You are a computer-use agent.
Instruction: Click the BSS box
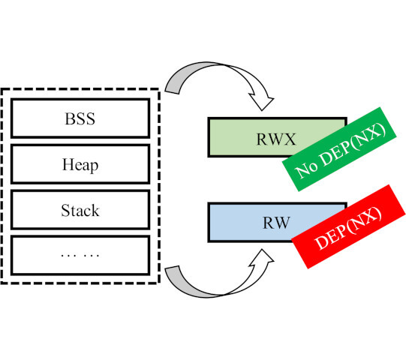click(x=80, y=118)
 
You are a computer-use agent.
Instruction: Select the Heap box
click(x=80, y=164)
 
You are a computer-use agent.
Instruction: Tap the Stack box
click(x=80, y=210)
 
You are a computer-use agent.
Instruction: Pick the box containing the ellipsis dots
click(x=80, y=256)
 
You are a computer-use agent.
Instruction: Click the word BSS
click(x=80, y=118)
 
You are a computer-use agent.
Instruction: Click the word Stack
click(x=80, y=210)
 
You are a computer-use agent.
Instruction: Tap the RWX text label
click(x=276, y=139)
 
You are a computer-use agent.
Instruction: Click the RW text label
click(x=276, y=223)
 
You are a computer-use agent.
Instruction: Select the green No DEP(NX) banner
click(x=339, y=149)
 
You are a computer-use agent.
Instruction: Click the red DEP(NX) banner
click(x=348, y=226)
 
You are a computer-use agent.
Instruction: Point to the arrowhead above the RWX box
click(x=261, y=101)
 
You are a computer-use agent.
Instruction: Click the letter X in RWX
click(x=290, y=139)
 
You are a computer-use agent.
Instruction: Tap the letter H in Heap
click(x=68, y=163)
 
